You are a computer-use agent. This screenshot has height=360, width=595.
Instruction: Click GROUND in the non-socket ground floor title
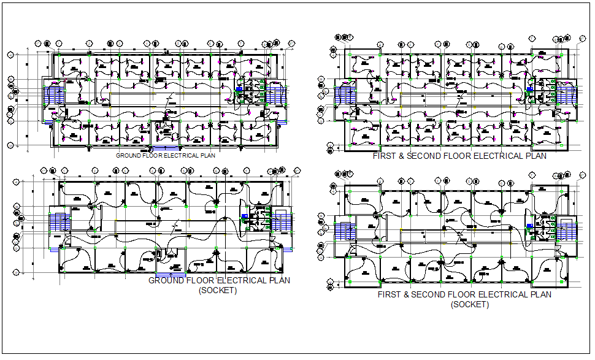click(x=127, y=156)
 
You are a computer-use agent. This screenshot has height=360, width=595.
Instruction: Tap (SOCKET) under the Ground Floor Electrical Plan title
click(x=217, y=291)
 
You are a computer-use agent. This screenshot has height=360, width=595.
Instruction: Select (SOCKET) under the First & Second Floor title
click(x=469, y=305)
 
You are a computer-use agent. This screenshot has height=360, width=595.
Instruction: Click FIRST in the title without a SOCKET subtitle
click(x=384, y=156)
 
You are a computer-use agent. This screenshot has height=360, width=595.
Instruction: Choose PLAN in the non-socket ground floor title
click(x=208, y=156)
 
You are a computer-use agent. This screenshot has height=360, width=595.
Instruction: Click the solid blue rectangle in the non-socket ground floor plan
click(x=238, y=88)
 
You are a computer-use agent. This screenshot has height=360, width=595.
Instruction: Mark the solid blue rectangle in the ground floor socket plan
click(x=245, y=216)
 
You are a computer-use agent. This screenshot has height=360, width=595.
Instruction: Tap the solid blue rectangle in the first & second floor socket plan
click(x=529, y=226)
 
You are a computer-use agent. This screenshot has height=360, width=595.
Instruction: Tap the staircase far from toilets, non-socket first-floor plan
click(x=343, y=96)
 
